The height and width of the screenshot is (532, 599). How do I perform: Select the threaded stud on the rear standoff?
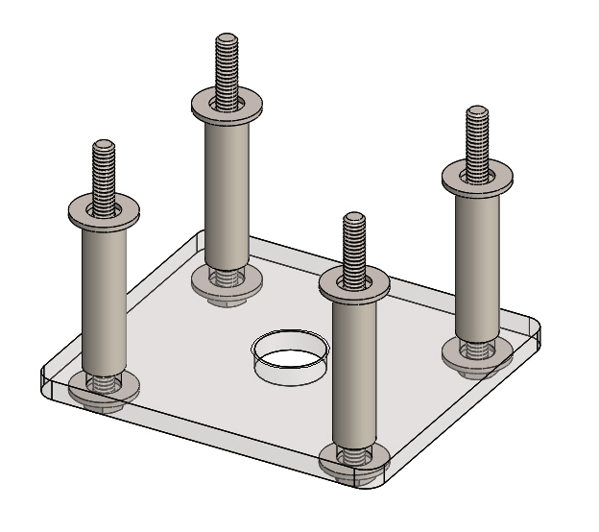(228, 69)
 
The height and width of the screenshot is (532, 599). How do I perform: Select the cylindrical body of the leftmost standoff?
(103, 298)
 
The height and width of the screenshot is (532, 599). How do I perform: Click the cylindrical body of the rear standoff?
(228, 192)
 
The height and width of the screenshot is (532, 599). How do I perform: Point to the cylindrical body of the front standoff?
(355, 375)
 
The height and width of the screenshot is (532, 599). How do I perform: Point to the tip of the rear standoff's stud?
(228, 39)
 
